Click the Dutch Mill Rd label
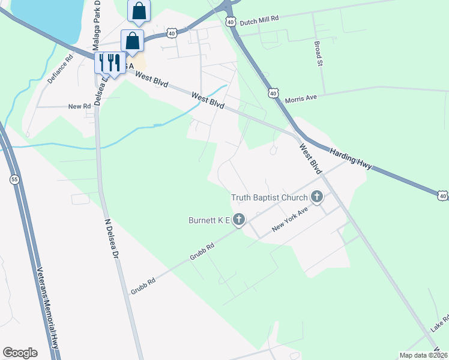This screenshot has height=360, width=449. [x=260, y=20]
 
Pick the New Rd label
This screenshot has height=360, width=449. [x=79, y=106]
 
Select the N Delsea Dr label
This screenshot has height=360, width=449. [x=109, y=238]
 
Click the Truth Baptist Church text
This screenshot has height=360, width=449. [x=269, y=197]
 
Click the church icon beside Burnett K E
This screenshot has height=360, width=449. [x=239, y=220]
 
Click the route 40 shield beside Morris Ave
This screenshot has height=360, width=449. [x=274, y=94]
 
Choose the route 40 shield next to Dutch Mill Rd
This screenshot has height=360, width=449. [x=231, y=21]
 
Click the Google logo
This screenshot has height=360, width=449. [x=20, y=353]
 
